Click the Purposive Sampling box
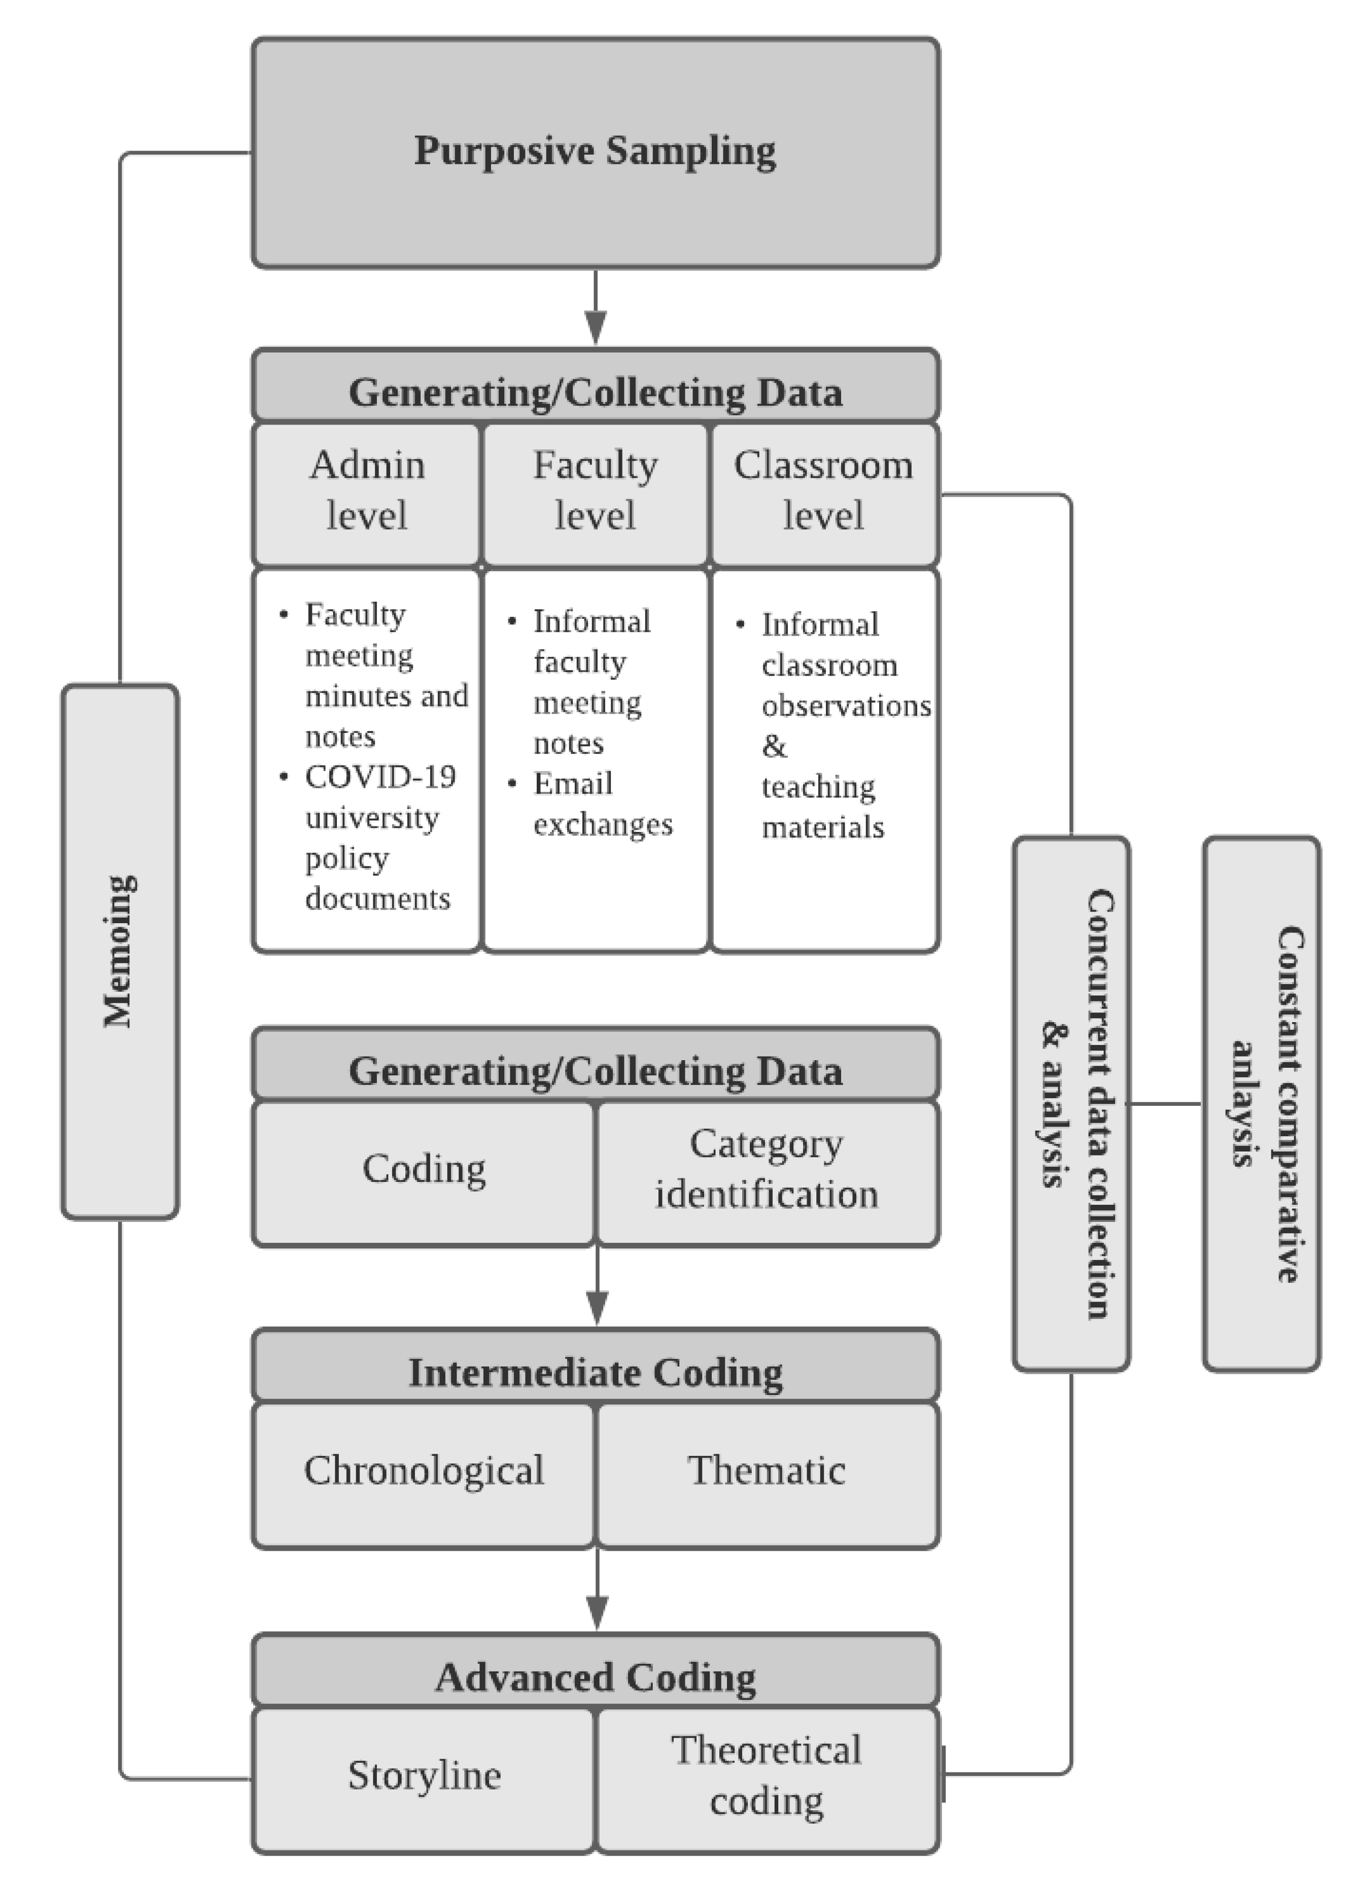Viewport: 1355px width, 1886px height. pyautogui.click(x=596, y=152)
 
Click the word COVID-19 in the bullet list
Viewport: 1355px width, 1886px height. pyautogui.click(x=380, y=777)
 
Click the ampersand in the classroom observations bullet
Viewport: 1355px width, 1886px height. pyautogui.click(x=774, y=746)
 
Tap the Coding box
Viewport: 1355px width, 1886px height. pyautogui.click(x=424, y=1168)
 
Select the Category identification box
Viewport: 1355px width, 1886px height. pyautogui.click(x=767, y=1168)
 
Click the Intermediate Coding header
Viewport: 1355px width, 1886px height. pyautogui.click(x=596, y=1373)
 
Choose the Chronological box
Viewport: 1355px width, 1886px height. pyautogui.click(x=424, y=1470)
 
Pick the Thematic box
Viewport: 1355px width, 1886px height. pyautogui.click(x=767, y=1470)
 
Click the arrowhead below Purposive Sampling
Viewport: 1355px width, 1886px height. pyautogui.click(x=596, y=326)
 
